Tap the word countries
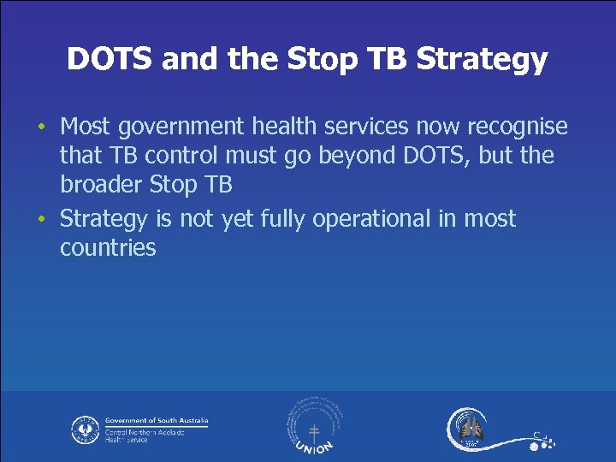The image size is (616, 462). [108, 249]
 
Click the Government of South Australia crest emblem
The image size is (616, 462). [85, 429]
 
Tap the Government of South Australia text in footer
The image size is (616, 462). [157, 421]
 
